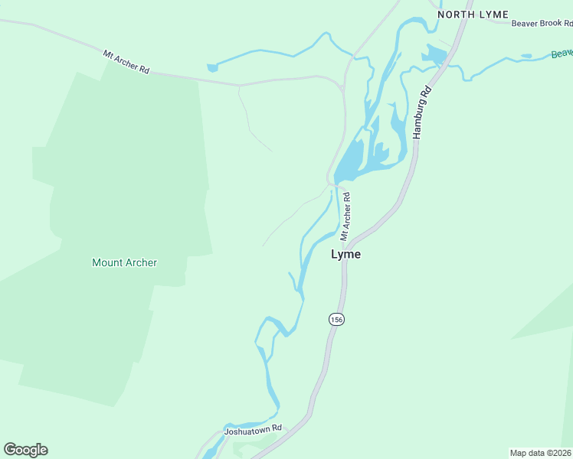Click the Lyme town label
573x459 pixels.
(345, 255)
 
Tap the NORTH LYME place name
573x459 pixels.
(473, 15)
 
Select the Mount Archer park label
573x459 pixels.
(124, 262)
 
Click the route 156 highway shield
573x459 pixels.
(335, 319)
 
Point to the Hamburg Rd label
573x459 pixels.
(422, 112)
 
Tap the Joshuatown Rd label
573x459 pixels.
(253, 431)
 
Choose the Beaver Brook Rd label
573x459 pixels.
(542, 23)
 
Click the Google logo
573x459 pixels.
(25, 450)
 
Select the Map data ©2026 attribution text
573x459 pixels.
(541, 452)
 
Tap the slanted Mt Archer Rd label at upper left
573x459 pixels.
(126, 61)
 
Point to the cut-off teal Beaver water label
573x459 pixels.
(562, 53)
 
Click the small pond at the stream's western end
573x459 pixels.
(212, 67)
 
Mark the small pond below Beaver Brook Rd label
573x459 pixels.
(526, 56)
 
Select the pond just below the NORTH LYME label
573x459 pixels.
(434, 54)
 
